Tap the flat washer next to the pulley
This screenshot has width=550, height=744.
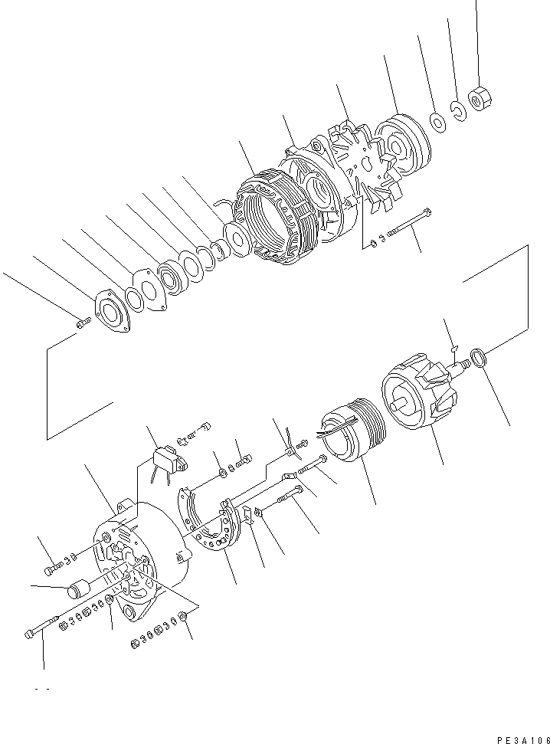pyautogui.click(x=437, y=120)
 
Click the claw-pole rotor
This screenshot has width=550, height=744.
pyautogui.click(x=419, y=394)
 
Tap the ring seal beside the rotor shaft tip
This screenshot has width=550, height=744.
pyautogui.click(x=477, y=357)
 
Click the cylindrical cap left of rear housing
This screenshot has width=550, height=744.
pyautogui.click(x=79, y=591)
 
